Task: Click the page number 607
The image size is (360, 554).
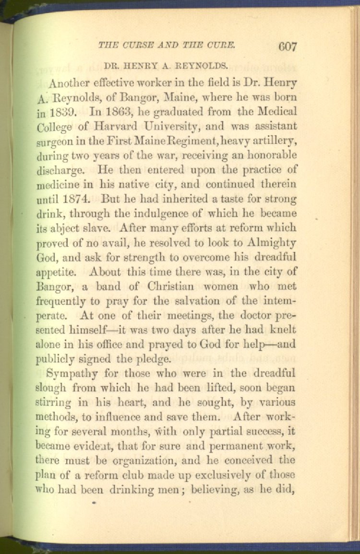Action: [x=287, y=47]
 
